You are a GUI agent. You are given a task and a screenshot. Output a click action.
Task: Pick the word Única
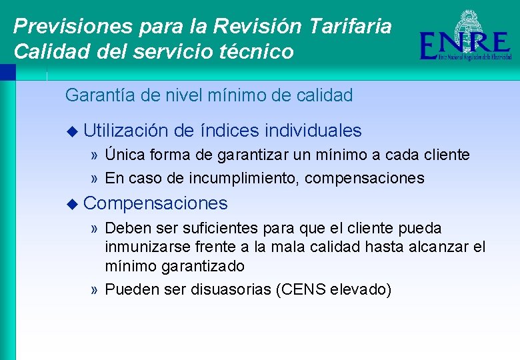[125, 155]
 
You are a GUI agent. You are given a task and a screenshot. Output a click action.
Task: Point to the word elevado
[361, 289]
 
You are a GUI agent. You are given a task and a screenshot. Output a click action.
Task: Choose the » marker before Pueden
[95, 290]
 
